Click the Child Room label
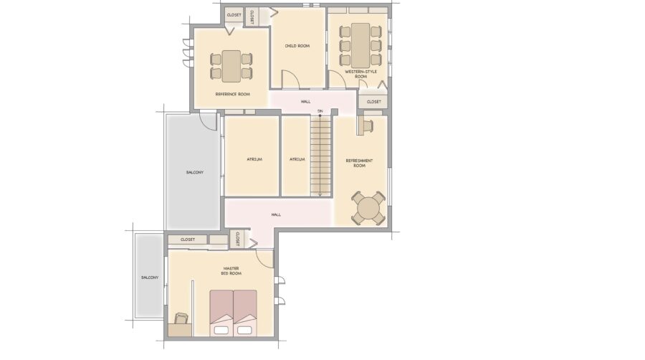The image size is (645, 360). click(297, 46)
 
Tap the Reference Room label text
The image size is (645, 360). click(233, 94)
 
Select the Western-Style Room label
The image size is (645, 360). click(360, 74)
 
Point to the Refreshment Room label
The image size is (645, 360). click(360, 163)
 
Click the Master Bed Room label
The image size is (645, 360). click(231, 271)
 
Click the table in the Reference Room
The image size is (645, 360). click(231, 66)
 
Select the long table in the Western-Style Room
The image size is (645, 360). click(360, 45)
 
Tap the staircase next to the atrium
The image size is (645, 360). click(320, 156)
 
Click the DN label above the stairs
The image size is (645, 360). click(320, 111)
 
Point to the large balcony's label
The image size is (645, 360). click(194, 172)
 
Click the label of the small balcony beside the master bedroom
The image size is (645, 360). click(150, 278)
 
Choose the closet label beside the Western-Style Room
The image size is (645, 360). click(374, 102)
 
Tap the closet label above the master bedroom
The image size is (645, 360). click(188, 240)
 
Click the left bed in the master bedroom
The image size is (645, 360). click(221, 313)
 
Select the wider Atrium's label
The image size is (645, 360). click(254, 159)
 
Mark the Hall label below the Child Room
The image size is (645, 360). click(305, 102)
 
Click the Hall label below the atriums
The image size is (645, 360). click(276, 214)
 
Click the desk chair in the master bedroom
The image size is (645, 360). click(181, 318)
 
